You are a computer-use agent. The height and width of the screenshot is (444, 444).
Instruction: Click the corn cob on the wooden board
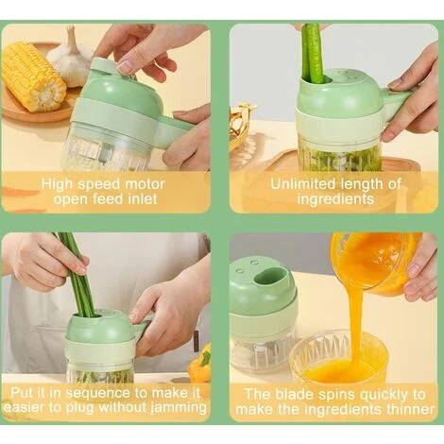(33, 77)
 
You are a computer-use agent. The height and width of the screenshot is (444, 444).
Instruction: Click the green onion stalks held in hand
(76, 274)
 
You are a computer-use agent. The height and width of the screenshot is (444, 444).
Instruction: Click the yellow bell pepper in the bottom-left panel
(199, 363)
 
